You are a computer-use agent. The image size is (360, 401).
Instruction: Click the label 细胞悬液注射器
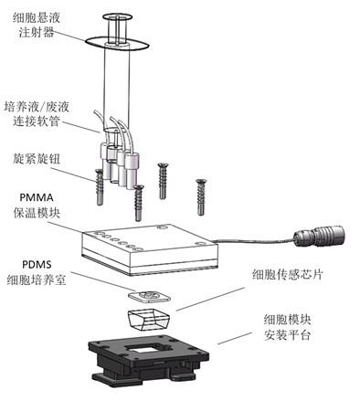click(x=37, y=25)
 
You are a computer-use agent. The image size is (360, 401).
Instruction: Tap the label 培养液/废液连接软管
click(x=37, y=113)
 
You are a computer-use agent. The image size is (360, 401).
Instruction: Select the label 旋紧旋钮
click(x=37, y=159)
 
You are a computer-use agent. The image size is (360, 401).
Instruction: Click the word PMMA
click(x=37, y=197)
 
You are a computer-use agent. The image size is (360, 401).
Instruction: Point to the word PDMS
click(x=37, y=264)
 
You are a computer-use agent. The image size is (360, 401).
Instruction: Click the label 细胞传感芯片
click(x=287, y=275)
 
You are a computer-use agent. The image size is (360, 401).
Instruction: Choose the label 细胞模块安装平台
click(x=287, y=327)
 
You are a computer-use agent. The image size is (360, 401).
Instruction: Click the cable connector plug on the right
click(x=319, y=236)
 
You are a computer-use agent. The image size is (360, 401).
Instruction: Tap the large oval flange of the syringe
click(x=117, y=44)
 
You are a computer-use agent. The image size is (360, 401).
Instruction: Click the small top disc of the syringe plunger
click(x=118, y=17)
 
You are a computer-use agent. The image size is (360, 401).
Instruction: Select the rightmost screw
click(x=200, y=197)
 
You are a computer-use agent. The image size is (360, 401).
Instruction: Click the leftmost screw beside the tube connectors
click(x=100, y=187)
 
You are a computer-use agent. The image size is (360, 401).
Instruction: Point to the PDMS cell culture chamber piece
click(x=149, y=296)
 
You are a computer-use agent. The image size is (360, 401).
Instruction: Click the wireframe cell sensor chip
click(x=149, y=319)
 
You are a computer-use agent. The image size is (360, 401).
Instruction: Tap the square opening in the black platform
click(x=148, y=348)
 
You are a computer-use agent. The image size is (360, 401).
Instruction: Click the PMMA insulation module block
click(x=150, y=249)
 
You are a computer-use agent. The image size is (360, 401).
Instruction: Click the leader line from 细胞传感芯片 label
click(x=211, y=299)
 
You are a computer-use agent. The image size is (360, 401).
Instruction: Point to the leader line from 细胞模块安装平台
click(x=235, y=338)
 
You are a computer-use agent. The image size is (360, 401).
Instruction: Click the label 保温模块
click(x=37, y=212)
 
